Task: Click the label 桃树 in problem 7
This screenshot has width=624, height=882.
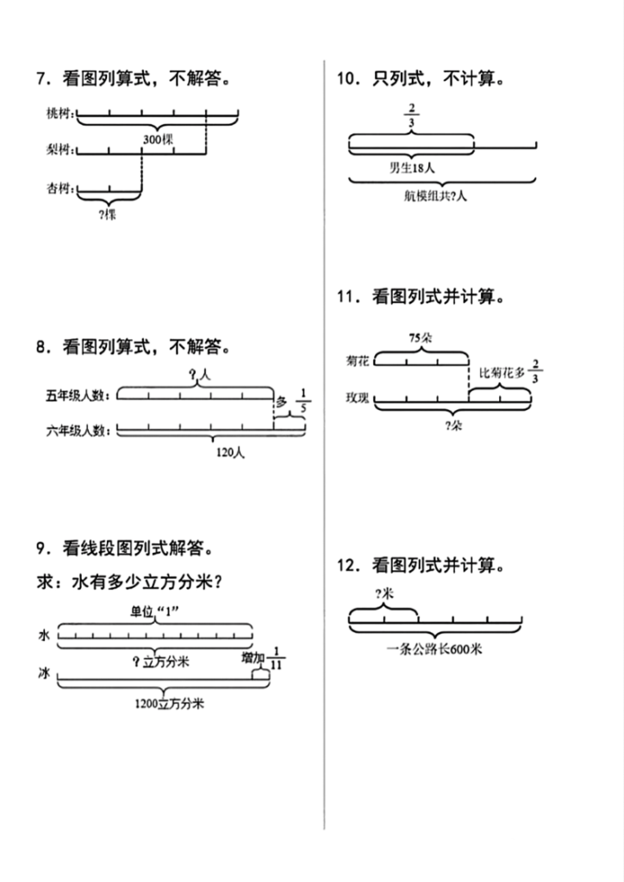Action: coord(60,113)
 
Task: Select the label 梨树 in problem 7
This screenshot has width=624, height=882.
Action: coord(60,151)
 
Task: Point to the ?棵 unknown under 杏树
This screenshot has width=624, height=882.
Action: coord(108,215)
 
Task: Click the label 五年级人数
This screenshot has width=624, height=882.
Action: coord(78,395)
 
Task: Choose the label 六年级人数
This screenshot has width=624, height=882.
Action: coord(78,430)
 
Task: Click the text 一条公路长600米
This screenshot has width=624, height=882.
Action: coord(434,649)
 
